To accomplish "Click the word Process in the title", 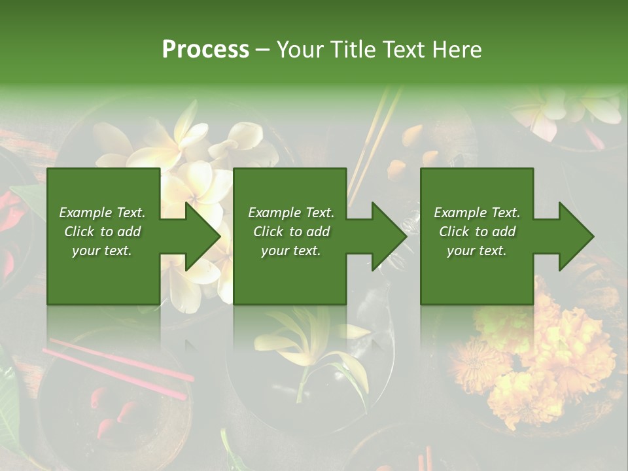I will click(x=205, y=50).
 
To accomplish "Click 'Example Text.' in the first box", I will click(x=102, y=213).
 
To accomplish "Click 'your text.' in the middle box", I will click(x=290, y=251).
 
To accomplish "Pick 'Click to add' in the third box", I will click(x=478, y=232).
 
